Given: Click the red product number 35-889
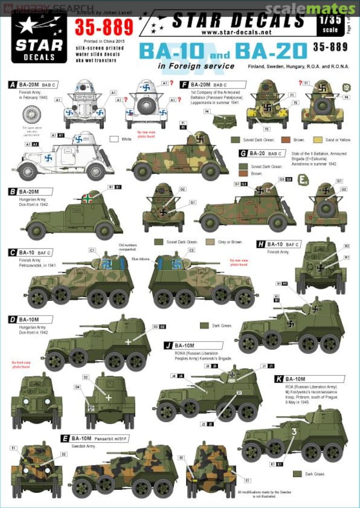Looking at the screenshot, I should pyautogui.click(x=105, y=28).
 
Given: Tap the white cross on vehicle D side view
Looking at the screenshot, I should pyautogui.click(x=128, y=341).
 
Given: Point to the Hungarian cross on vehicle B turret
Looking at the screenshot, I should pyautogui.click(x=87, y=198).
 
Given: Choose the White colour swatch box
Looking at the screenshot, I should pyautogui.click(x=113, y=139).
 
